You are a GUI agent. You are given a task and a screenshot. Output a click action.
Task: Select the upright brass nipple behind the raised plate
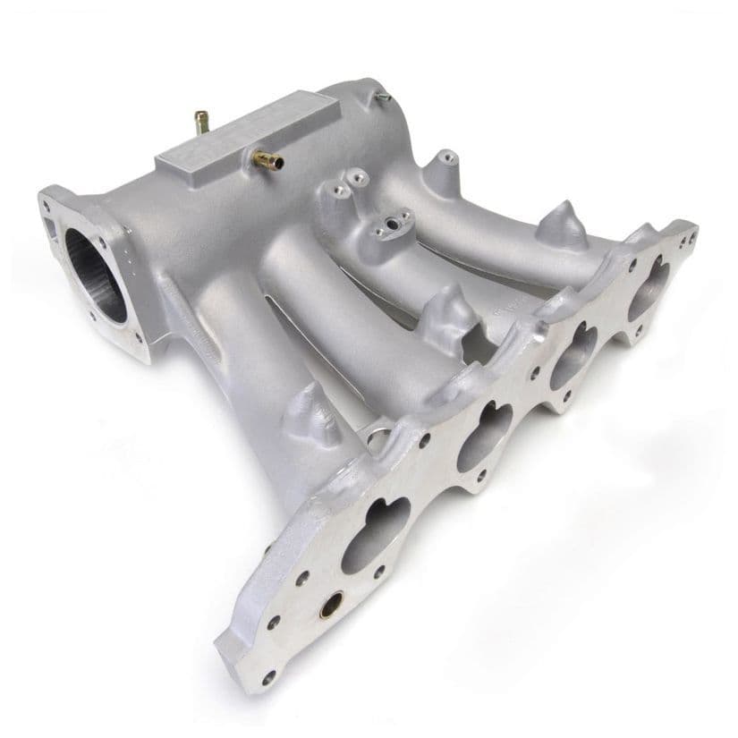[x=202, y=123]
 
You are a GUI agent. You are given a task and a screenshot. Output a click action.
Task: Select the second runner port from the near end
[x=484, y=437]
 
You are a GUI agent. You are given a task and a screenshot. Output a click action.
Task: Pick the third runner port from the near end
[x=573, y=357]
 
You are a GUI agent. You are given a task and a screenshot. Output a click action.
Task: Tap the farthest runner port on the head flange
[x=649, y=287]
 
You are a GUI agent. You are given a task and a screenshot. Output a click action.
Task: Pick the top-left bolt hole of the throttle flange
[x=47, y=203]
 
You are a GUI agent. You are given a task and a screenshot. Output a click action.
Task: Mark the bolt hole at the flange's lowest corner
[x=268, y=677]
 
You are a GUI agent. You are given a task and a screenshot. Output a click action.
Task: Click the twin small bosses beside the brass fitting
[x=345, y=183]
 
